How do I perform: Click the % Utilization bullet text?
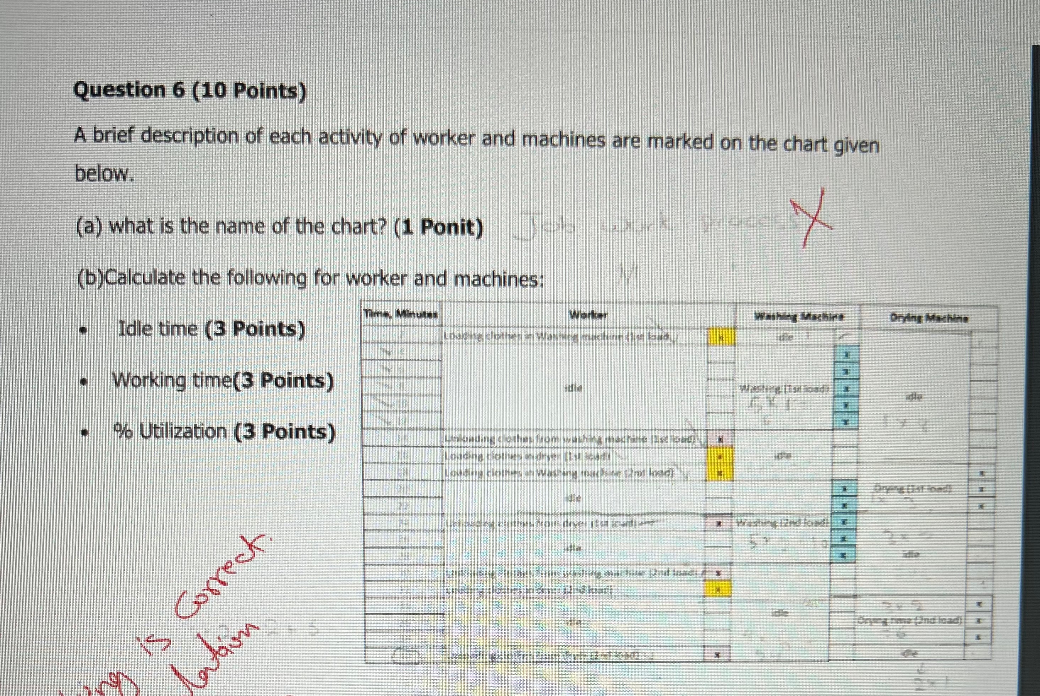coord(224,431)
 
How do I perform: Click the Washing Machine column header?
coord(799,317)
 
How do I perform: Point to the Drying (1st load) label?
coord(912,489)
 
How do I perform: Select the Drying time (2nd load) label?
coord(909,620)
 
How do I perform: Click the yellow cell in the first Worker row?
coord(721,338)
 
